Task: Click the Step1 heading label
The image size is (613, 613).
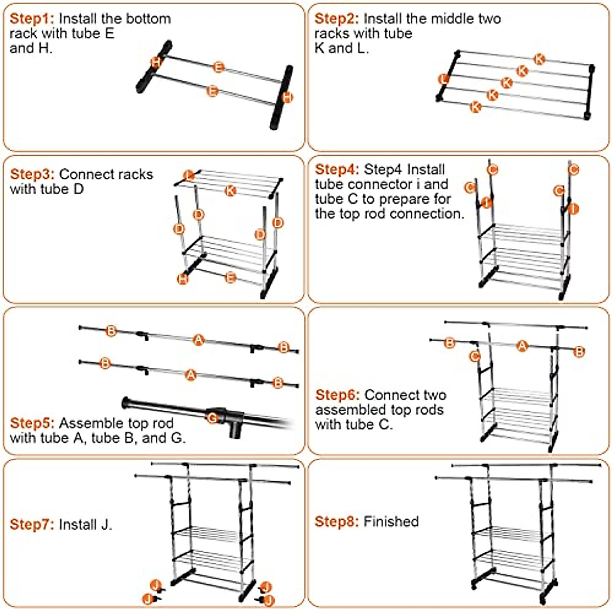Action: (31, 19)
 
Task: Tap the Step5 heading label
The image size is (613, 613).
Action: (32, 423)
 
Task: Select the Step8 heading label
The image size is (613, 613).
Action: (337, 522)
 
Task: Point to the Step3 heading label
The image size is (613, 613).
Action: (32, 174)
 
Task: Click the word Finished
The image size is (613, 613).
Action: (391, 522)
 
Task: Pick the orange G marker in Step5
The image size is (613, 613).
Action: (213, 418)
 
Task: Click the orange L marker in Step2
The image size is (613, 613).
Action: (443, 79)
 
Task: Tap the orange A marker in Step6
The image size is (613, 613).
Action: (522, 346)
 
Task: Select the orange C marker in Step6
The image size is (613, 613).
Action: (475, 356)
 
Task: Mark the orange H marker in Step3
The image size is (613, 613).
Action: (182, 279)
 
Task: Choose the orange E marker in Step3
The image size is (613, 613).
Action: (230, 278)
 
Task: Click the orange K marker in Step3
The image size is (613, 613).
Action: (230, 191)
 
